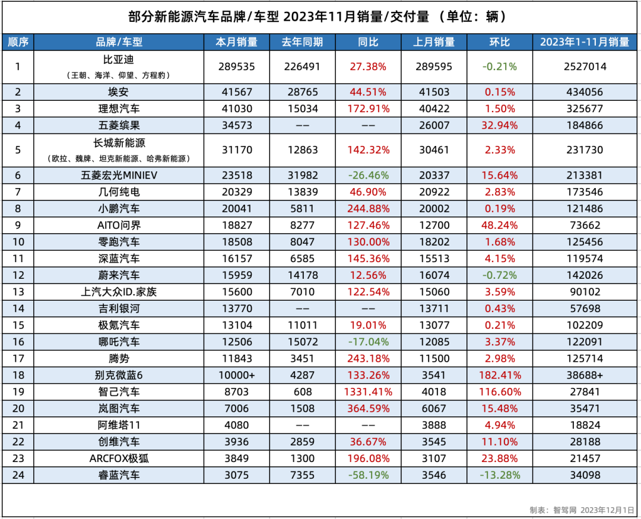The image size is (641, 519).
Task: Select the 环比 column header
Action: pyautogui.click(x=499, y=42)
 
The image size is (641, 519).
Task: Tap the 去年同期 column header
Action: pyautogui.click(x=302, y=42)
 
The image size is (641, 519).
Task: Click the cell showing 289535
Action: pyautogui.click(x=237, y=66)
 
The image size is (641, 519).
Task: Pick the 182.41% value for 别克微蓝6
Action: pyautogui.click(x=499, y=375)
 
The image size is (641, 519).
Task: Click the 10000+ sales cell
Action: pyautogui.click(x=237, y=375)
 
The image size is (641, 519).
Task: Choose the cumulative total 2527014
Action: pyautogui.click(x=585, y=66)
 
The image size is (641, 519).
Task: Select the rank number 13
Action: pyautogui.click(x=18, y=292)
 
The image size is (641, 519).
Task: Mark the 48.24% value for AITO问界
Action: pyautogui.click(x=499, y=225)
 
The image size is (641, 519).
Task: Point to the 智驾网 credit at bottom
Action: pyautogui.click(x=564, y=510)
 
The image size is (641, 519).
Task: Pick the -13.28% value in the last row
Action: pyautogui.click(x=499, y=475)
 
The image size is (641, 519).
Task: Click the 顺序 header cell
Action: pyautogui.click(x=18, y=42)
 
